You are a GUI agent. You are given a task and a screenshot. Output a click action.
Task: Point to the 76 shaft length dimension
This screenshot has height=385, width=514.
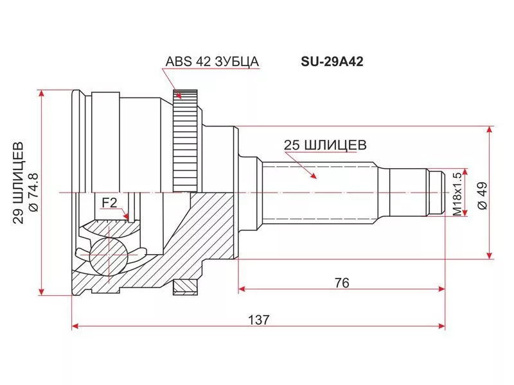click(341, 283)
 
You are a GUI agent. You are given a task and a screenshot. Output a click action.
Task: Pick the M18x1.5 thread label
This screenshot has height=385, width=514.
click(457, 193)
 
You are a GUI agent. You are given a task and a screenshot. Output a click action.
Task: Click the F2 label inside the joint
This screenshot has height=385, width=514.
click(109, 203)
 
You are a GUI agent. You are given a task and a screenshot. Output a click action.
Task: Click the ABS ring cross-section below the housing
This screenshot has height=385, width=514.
click(185, 286)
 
